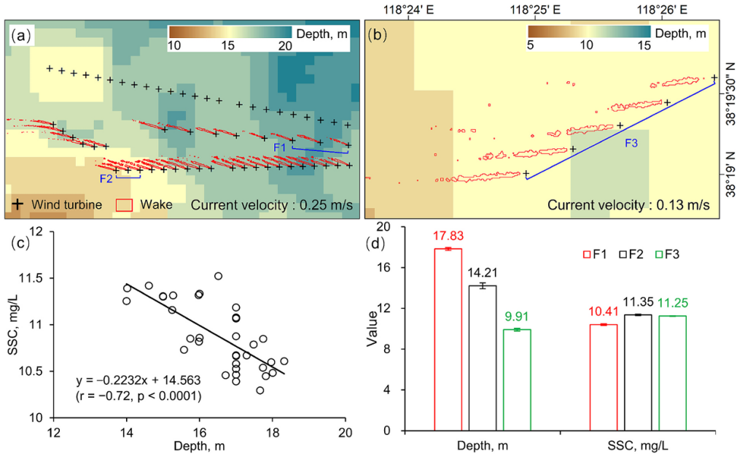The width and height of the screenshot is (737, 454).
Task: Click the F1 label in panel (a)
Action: (279, 147)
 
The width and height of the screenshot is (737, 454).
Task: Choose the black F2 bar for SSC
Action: (638, 372)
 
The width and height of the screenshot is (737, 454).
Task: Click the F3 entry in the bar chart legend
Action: (668, 254)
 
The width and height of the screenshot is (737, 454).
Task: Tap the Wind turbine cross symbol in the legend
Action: (15, 204)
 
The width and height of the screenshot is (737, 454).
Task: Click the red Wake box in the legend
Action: (125, 204)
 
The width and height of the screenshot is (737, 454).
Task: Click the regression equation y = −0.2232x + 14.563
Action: (139, 381)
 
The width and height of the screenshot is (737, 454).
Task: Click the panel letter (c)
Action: (20, 243)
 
